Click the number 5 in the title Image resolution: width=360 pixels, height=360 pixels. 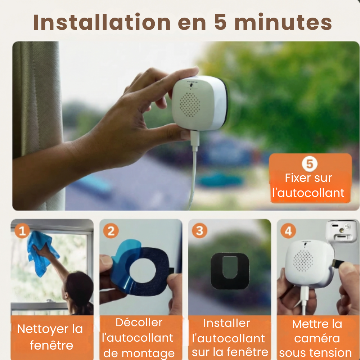coord(220,22)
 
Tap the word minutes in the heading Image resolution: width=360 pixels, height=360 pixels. coord(283,22)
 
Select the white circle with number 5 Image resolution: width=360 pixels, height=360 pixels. coord(310,164)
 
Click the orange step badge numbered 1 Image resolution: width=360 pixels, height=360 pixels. coord(22,231)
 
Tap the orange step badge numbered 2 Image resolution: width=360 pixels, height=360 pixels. coord(111,231)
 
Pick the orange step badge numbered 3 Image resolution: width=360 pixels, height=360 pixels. coord(199,231)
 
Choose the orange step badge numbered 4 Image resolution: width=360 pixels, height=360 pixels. coord(288,231)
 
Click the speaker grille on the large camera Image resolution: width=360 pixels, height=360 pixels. coord(190,104)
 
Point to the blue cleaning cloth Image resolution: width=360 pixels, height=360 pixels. coord(41,253)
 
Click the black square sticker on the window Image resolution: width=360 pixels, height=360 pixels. coord(230,271)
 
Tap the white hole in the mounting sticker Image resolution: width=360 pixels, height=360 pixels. coord(143,270)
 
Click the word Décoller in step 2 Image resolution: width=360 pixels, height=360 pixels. coord(139,323)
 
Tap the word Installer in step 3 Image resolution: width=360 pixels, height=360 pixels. coord(226,323)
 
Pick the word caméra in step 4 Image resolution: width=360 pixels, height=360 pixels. coord(317,338)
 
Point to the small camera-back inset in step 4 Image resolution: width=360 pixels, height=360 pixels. coord(342,231)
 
